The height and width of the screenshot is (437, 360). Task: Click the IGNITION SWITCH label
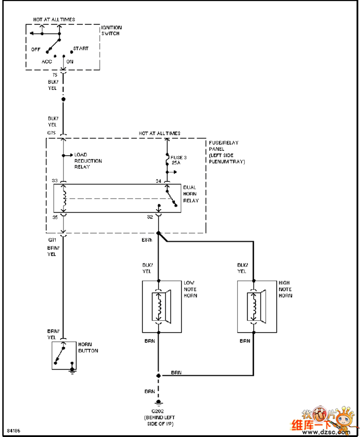111,30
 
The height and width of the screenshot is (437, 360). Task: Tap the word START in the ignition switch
81,49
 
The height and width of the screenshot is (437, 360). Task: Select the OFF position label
36,49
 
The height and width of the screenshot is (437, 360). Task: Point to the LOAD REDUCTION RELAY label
88,161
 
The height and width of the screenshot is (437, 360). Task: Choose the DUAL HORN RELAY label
191,194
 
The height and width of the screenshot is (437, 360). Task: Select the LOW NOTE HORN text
190,289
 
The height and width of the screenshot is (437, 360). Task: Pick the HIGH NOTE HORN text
285,289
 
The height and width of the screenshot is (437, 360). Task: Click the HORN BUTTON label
88,348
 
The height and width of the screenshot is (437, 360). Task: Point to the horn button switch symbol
61,355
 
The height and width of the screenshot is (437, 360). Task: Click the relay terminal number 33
55,180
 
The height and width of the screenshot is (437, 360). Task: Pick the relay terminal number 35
55,217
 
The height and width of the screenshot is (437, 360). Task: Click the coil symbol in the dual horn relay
64,198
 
